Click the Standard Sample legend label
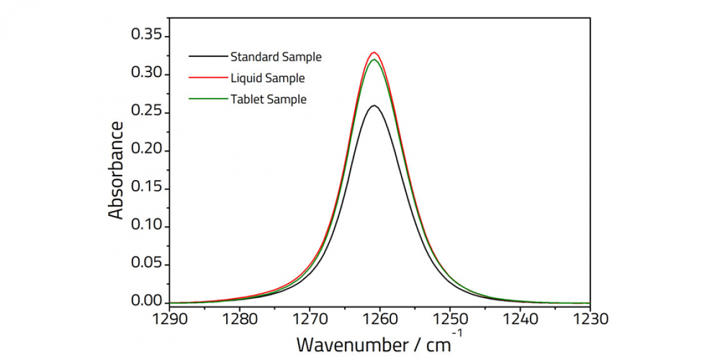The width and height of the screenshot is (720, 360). pos(276,57)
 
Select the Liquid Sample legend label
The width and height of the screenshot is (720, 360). pos(267,78)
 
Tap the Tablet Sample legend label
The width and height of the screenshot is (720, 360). pos(268,99)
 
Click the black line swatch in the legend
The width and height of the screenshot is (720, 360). pos(207,57)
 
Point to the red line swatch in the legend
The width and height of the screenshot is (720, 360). pos(207,78)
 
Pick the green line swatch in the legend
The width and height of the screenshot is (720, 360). pos(207,99)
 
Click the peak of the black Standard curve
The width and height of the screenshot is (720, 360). pos(374,105)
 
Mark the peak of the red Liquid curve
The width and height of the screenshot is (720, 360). pos(375,52)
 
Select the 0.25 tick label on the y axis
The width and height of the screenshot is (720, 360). pos(147,112)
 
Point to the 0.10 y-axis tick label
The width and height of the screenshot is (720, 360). pos(147,226)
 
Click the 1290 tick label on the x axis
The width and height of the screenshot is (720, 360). pos(170,320)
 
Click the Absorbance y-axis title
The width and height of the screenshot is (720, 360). pos(116,171)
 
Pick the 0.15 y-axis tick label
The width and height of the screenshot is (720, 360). pos(147,188)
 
